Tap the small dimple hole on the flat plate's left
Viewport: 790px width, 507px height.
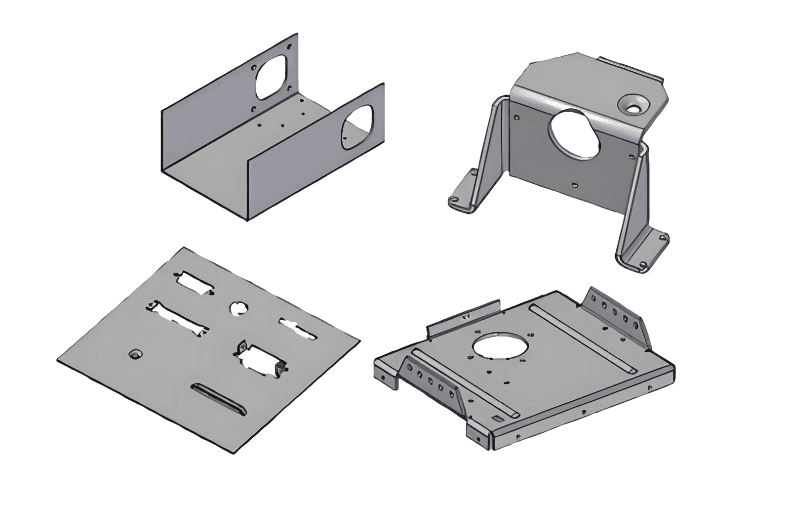[134, 354]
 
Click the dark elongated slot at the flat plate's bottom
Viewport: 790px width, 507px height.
[218, 397]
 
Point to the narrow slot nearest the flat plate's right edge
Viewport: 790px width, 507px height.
[297, 329]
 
